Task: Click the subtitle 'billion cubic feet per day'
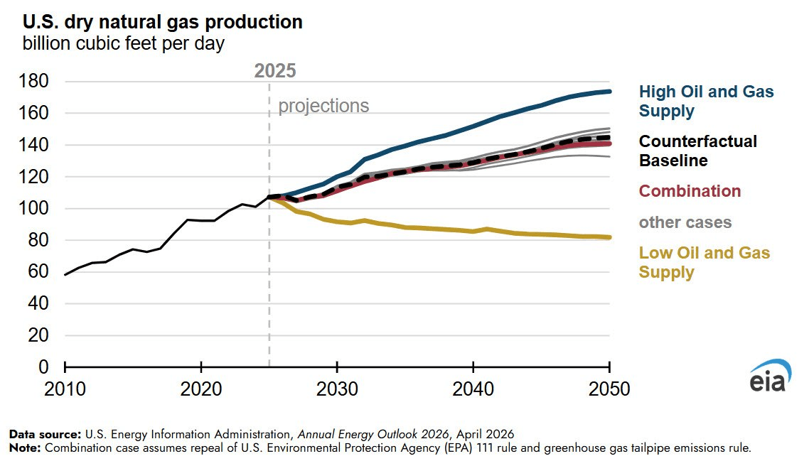coord(124,44)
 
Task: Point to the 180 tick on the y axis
coord(33,82)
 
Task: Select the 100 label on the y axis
coord(33,209)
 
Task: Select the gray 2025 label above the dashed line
coord(275,70)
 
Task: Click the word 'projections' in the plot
coord(323,107)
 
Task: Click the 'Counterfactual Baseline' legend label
coord(688,151)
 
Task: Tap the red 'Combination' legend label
coord(690,191)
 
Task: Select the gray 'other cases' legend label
coord(685,222)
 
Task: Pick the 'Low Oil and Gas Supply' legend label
coord(704,262)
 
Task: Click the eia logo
coord(768,376)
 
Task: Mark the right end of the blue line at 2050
coord(609,92)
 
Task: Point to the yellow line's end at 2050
coord(609,237)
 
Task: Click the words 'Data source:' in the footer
coord(45,433)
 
